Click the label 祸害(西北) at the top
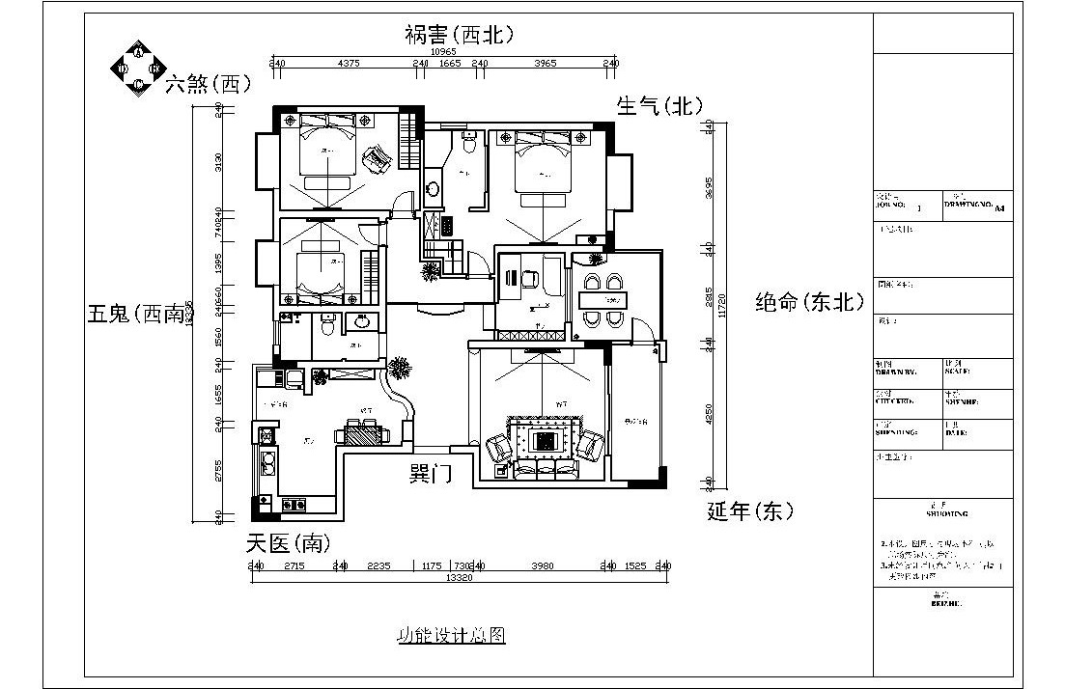point(459,35)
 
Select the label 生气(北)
point(660,106)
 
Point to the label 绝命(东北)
point(809,301)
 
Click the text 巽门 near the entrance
point(431,474)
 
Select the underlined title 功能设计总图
point(451,637)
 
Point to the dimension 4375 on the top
point(349,64)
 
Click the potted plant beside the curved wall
point(398,368)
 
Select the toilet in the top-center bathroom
point(468,144)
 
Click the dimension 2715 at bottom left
point(294,566)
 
